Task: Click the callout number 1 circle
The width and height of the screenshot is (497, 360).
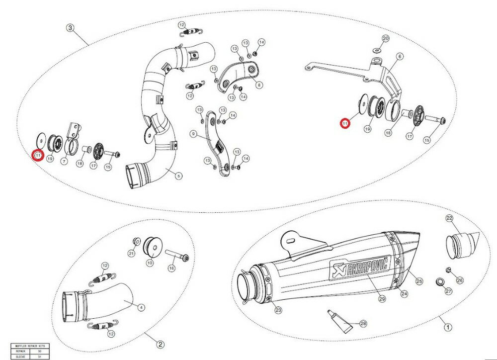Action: (447, 328)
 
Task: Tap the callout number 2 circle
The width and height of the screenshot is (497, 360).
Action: (161, 344)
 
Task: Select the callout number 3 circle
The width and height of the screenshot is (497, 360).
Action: (71, 28)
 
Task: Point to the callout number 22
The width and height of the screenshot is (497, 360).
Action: (449, 218)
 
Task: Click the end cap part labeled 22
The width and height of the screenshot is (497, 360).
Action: (461, 245)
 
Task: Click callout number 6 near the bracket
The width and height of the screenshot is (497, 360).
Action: (400, 57)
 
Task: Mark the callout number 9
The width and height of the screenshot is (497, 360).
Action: (193, 134)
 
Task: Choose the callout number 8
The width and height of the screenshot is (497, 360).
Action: (258, 85)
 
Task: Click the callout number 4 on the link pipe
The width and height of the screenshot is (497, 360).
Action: (142, 308)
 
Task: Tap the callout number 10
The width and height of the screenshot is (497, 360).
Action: (150, 262)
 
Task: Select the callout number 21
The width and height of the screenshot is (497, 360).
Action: (132, 254)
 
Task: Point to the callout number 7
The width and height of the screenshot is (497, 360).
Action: (64, 162)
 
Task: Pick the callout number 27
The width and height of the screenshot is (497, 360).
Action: (448, 291)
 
